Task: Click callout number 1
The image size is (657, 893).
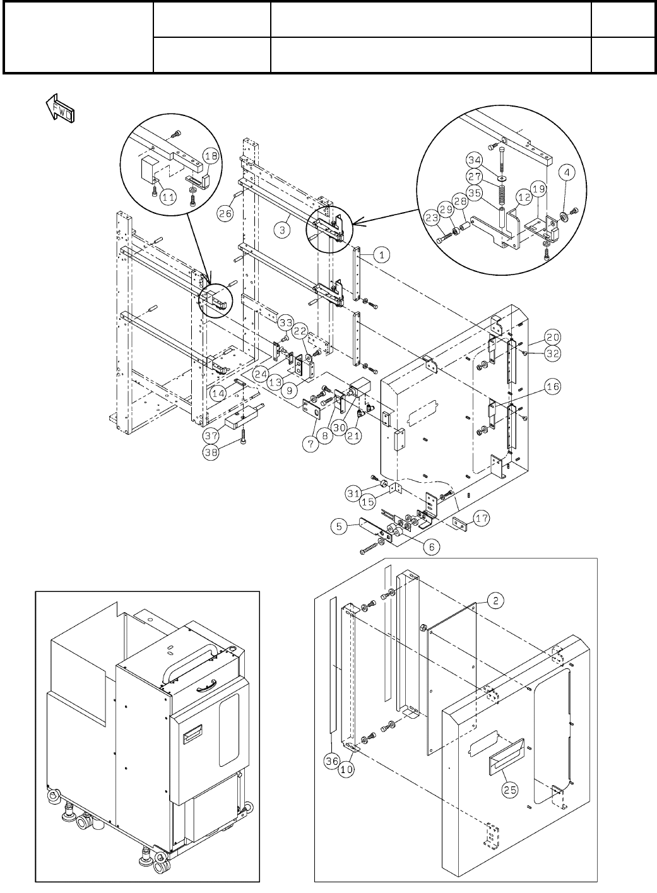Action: click(382, 255)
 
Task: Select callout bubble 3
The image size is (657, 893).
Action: click(285, 230)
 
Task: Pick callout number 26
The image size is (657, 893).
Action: click(225, 213)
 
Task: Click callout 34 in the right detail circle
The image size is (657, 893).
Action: click(475, 160)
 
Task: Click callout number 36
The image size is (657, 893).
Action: click(332, 762)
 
